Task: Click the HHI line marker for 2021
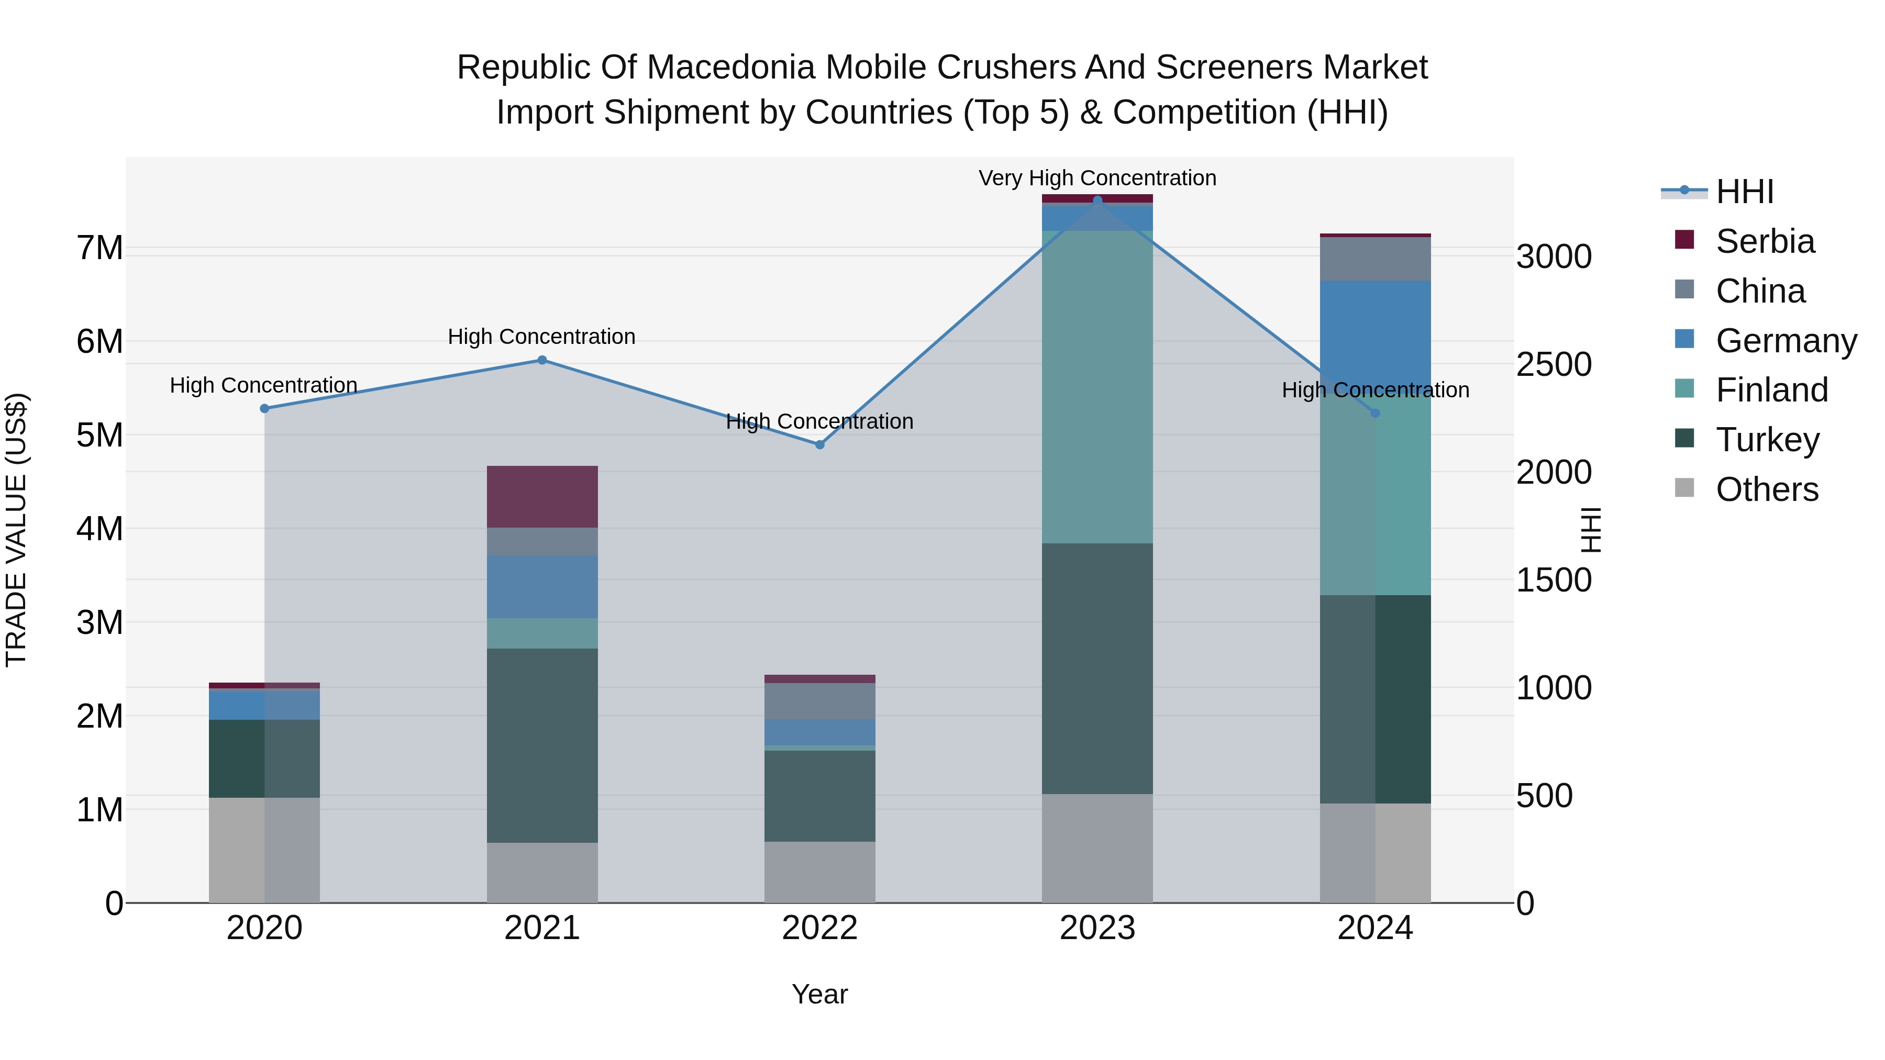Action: click(542, 360)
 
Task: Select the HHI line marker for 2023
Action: click(1097, 200)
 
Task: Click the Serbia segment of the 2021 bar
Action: click(542, 497)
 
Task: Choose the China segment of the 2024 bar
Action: click(1375, 259)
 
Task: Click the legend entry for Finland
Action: click(1771, 390)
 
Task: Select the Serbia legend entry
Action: click(1764, 241)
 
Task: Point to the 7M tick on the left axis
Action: click(99, 248)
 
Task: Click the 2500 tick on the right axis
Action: click(1554, 364)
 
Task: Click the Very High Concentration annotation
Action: click(1097, 178)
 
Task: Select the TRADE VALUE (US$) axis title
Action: click(16, 530)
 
